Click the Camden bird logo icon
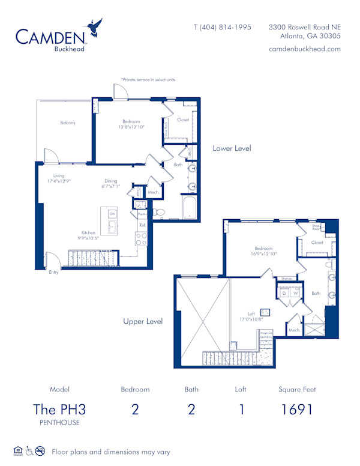(95, 28)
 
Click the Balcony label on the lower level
(68, 123)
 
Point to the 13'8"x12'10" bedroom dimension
(132, 127)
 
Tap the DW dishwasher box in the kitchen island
(112, 214)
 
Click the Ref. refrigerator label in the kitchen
(142, 225)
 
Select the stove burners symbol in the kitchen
(142, 239)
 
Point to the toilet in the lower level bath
(159, 212)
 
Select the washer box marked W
(295, 292)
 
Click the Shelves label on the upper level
(286, 279)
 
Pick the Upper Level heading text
(143, 321)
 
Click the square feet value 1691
(297, 410)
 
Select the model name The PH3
(59, 410)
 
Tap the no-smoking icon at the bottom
(40, 451)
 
